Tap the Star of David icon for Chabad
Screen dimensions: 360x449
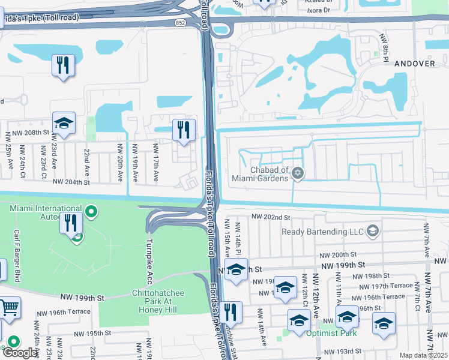tap(297, 174)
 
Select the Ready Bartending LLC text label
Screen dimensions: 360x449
tap(323, 231)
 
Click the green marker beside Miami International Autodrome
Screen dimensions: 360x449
tap(91, 211)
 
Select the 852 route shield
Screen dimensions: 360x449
tap(197, 22)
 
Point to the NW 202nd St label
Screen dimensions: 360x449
tap(271, 217)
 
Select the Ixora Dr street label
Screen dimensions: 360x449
tap(318, 10)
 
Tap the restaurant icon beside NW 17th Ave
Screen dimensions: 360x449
tap(184, 130)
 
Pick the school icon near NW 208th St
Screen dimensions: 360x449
tap(64, 124)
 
